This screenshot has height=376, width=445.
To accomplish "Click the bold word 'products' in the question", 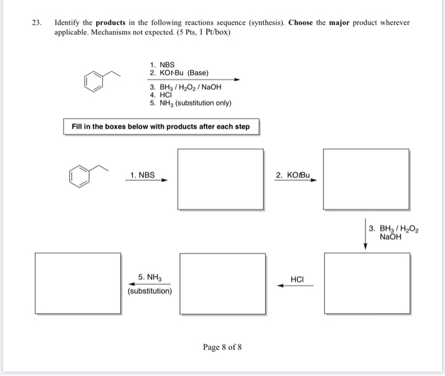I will click(107, 22).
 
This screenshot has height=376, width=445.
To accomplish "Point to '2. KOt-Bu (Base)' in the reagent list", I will click(179, 73).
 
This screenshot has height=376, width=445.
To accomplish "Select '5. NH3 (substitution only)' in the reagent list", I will click(191, 103).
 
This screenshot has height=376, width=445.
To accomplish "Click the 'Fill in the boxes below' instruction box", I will click(161, 127).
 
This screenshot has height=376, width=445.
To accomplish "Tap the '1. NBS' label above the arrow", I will click(142, 174).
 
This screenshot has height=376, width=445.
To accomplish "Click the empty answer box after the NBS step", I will click(221, 179).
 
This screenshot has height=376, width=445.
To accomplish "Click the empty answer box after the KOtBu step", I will click(366, 179).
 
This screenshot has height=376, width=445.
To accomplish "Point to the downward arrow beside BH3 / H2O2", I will click(366, 235).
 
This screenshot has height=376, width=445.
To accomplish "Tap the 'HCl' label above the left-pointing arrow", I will click(297, 279).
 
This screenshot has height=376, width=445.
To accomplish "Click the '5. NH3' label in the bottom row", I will click(150, 277).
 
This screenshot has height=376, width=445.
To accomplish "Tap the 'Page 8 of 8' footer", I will click(222, 347).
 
